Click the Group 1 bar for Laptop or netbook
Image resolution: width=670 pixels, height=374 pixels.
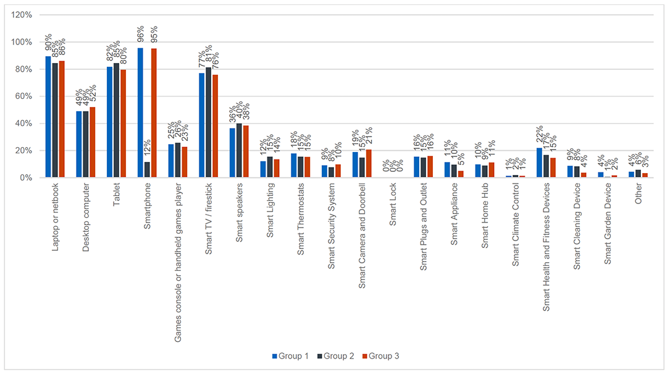pos(48,117)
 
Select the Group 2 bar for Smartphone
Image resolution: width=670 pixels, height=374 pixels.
pos(147,170)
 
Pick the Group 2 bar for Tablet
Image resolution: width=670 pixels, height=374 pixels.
pos(116,121)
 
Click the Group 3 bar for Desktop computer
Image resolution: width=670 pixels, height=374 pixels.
pos(93,143)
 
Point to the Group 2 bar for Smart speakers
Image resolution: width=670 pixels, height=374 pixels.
pos(239,151)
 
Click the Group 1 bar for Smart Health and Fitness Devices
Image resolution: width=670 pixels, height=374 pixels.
pos(540,163)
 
